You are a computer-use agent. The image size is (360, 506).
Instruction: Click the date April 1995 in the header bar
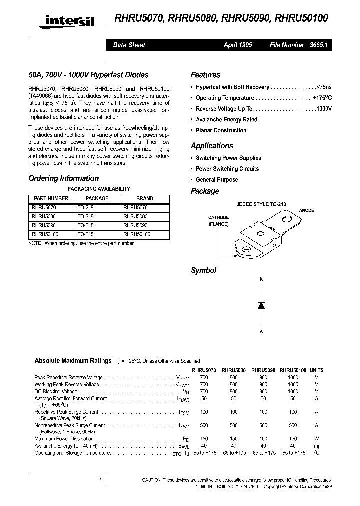238,45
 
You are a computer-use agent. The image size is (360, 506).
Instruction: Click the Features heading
205,75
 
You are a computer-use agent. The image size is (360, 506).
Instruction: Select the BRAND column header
145,198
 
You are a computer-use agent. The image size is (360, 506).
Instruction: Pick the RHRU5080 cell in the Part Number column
44,216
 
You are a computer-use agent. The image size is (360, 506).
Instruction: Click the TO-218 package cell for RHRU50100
85,234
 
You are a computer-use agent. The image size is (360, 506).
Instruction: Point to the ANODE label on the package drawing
306,211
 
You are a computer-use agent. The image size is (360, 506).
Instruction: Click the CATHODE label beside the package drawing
219,218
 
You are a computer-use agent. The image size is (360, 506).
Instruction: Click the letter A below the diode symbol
260,331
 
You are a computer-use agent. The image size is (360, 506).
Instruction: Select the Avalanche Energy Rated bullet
226,120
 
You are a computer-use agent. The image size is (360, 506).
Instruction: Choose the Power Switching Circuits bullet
227,169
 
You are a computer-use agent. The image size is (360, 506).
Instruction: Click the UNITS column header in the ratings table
316,370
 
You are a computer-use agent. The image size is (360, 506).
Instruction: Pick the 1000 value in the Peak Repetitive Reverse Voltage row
293,377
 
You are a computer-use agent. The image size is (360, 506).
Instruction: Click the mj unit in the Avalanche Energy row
316,445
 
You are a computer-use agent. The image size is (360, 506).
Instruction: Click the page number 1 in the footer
100,480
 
